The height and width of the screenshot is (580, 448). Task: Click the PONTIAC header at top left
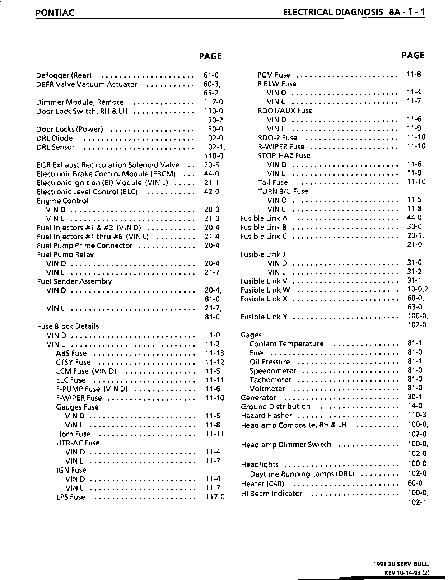click(x=55, y=13)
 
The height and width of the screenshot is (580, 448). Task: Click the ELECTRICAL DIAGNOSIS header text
click(x=333, y=12)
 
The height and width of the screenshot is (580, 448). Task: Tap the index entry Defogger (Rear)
click(x=64, y=75)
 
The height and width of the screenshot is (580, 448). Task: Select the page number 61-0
click(x=211, y=75)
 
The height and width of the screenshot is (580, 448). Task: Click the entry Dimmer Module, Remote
click(x=80, y=102)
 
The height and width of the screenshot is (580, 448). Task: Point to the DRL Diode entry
click(x=55, y=138)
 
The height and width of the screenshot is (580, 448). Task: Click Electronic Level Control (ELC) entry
click(x=87, y=192)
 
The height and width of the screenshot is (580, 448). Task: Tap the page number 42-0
click(x=212, y=192)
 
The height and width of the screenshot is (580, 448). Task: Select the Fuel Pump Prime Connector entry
click(x=85, y=245)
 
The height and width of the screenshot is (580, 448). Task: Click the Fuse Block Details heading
click(x=68, y=326)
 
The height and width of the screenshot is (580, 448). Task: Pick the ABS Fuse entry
click(x=71, y=353)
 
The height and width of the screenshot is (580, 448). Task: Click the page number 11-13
click(x=215, y=353)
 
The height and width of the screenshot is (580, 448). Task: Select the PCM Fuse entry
click(x=274, y=75)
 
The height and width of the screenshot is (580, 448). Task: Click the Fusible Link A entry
click(x=264, y=218)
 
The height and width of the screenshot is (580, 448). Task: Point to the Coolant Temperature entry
click(x=286, y=344)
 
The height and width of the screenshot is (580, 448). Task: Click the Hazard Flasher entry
click(x=266, y=416)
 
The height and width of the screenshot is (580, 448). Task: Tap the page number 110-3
click(x=417, y=415)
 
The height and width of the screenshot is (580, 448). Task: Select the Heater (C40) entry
click(x=262, y=483)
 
